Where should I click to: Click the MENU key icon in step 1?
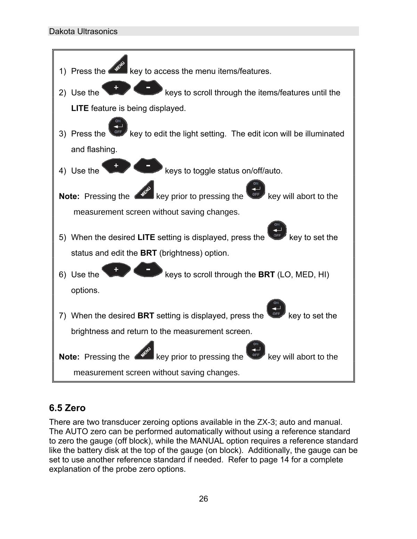point(118,65)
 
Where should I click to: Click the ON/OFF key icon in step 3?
point(118,127)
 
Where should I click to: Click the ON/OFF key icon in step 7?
point(276,309)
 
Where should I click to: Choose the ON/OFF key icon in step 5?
point(277,231)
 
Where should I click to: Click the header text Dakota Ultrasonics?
point(83,32)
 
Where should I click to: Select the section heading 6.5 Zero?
point(67,408)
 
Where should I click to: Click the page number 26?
point(204,499)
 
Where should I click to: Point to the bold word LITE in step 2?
point(80,108)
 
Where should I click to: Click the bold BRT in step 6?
point(267,275)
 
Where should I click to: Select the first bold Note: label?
point(69,196)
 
